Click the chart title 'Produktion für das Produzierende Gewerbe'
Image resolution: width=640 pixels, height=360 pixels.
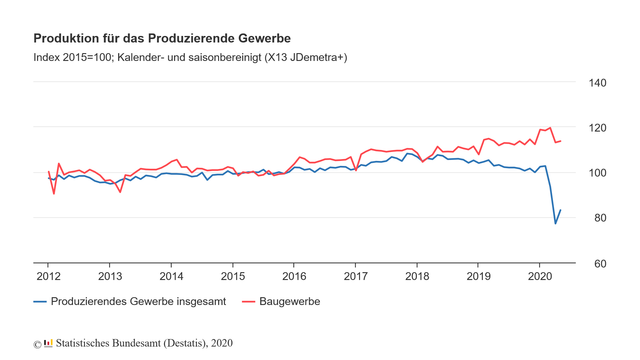(x=162, y=38)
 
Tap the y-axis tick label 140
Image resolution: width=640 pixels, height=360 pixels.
(x=597, y=83)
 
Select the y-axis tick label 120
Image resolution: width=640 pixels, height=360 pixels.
(x=597, y=128)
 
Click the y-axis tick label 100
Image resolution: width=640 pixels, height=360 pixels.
(x=597, y=173)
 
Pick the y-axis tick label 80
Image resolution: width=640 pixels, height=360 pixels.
(x=600, y=218)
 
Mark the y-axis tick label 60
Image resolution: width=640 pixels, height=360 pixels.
(x=600, y=264)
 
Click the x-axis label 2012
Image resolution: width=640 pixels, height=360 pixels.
(x=48, y=277)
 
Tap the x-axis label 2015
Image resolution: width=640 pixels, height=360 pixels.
(x=233, y=277)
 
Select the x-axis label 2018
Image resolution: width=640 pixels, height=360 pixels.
(x=417, y=277)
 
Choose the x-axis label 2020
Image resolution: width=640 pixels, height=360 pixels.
(x=540, y=277)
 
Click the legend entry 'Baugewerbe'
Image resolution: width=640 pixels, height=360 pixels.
(x=289, y=302)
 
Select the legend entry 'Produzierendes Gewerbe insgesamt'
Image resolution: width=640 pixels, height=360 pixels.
(x=138, y=302)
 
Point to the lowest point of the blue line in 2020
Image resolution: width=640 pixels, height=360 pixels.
(x=555, y=223)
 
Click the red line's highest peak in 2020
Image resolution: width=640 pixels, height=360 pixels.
(x=550, y=127)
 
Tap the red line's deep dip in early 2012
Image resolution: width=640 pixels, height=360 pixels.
(x=54, y=194)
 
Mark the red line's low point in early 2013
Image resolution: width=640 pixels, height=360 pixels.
(x=120, y=192)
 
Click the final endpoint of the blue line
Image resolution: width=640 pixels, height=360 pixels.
(x=561, y=210)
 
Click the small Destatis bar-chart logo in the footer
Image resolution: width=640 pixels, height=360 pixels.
(x=48, y=343)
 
